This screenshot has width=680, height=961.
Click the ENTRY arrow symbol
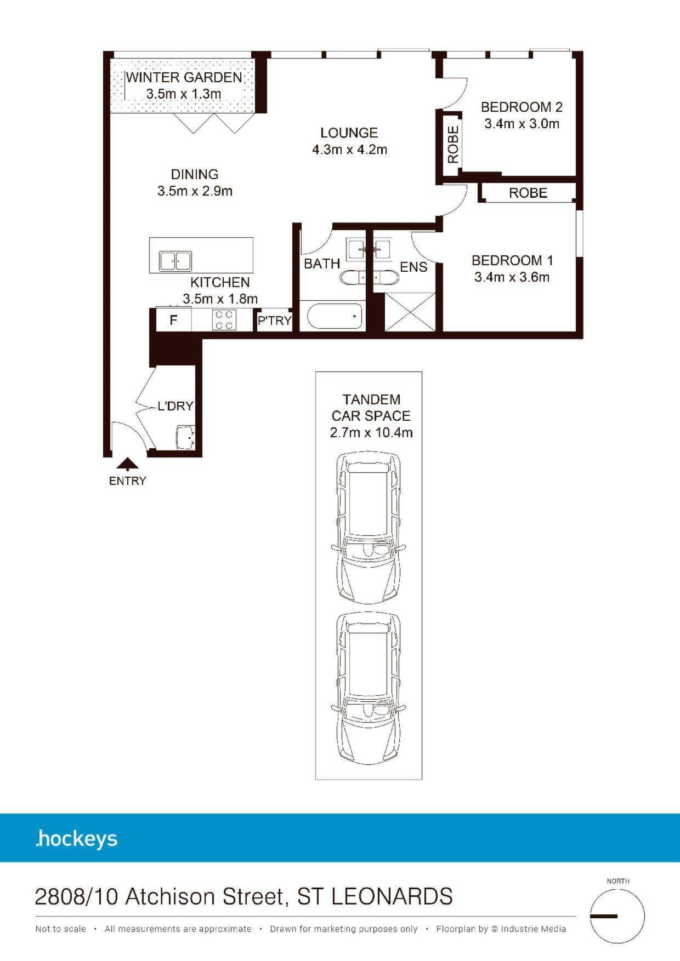coord(128,465)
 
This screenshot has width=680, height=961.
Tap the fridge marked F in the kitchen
coord(174,320)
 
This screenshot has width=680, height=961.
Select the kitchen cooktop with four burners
coord(224,320)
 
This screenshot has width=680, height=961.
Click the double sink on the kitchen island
coord(175,261)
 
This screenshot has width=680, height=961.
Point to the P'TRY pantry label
coord(275,321)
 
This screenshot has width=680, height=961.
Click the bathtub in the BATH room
coord(335,317)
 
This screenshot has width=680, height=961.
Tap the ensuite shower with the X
coord(410,312)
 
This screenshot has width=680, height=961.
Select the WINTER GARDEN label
coord(184,77)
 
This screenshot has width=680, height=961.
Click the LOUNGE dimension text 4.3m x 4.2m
coord(350,150)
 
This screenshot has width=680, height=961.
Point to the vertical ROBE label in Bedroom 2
coord(453,145)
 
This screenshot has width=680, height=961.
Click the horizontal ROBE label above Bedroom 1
coord(528,193)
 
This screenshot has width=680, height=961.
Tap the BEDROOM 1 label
coord(512,260)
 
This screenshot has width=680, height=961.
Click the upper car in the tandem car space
coord(369,528)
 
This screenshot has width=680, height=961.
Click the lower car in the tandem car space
coord(369,689)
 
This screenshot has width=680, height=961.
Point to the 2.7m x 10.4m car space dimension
coord(371,433)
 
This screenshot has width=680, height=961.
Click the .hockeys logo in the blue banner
coord(76,839)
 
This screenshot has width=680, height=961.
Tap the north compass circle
coord(617,916)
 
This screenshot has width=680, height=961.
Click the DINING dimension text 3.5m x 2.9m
coord(195,191)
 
